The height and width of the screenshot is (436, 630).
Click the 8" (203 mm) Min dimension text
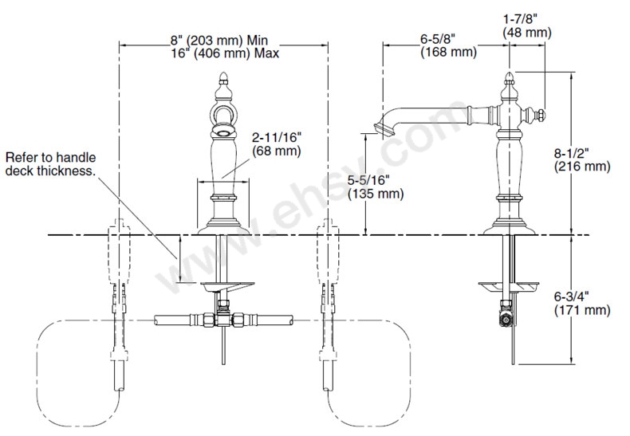(219, 40)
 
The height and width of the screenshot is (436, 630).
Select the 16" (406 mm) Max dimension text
(225, 53)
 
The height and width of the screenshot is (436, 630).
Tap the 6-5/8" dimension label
(438, 39)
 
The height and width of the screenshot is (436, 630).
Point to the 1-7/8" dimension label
(520, 19)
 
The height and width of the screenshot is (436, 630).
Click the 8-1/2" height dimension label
(571, 153)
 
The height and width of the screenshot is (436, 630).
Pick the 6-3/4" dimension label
(571, 297)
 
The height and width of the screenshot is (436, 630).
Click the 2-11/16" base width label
(277, 138)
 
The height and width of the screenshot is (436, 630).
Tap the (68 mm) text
(277, 151)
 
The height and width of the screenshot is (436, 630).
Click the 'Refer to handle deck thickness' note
(51, 164)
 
